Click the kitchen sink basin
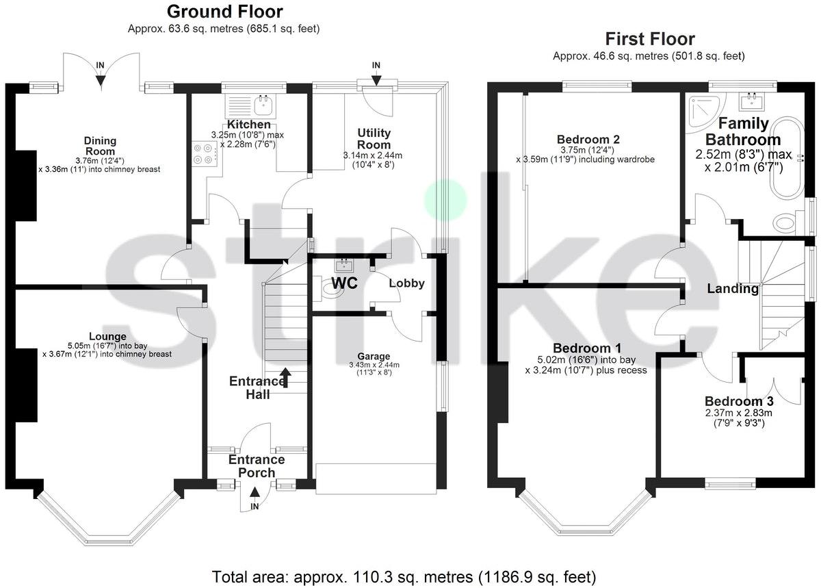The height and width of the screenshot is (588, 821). [264, 105]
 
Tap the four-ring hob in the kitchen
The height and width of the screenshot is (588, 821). [204, 153]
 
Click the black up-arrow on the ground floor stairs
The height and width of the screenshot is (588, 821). [286, 377]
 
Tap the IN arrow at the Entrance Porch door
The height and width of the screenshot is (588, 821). [255, 492]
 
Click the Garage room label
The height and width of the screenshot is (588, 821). [374, 356]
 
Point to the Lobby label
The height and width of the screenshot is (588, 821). [406, 283]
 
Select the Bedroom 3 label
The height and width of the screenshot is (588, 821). [739, 401]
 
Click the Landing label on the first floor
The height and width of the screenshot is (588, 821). [733, 288]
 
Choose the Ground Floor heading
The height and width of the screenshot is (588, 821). [224, 12]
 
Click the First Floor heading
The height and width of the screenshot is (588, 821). [650, 39]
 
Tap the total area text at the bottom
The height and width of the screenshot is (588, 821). [404, 577]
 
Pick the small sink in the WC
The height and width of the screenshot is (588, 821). [343, 265]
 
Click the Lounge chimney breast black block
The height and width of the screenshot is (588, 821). [27, 385]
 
